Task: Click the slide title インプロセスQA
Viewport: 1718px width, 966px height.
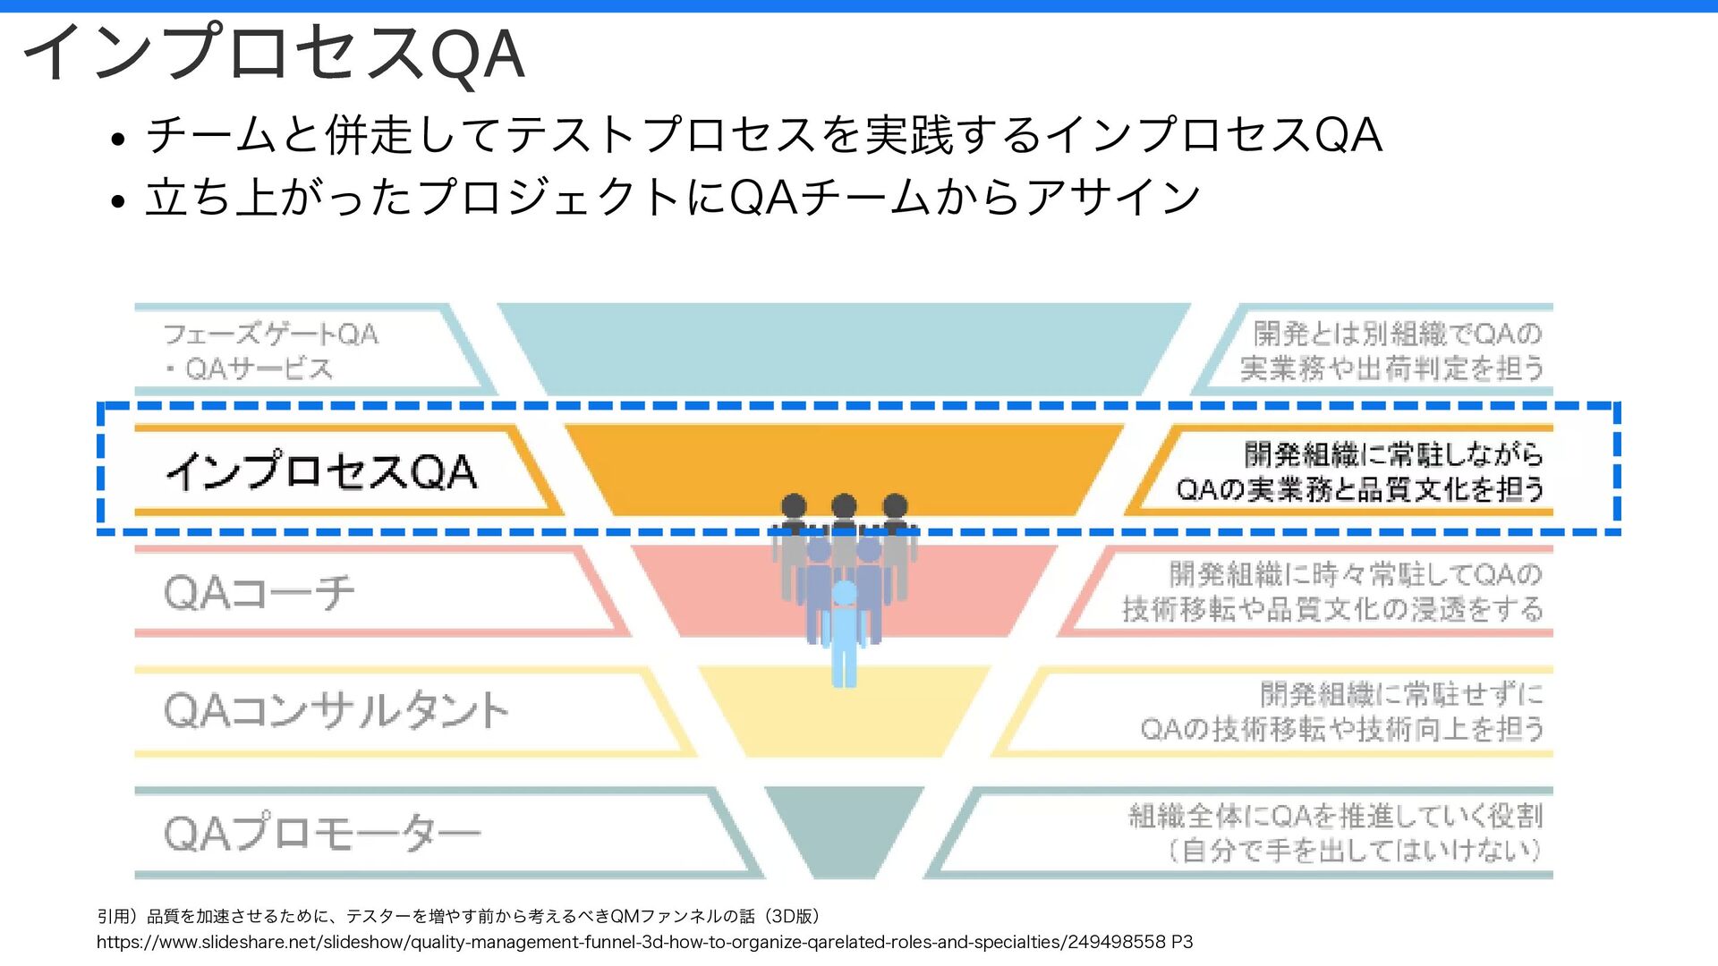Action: [273, 54]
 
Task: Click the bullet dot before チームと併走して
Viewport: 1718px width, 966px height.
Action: [117, 140]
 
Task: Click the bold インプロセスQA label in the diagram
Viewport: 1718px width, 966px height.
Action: [321, 470]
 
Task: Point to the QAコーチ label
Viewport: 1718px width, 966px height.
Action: [259, 592]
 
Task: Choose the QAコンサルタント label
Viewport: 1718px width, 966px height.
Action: [336, 711]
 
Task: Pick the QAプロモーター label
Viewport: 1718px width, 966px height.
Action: [322, 833]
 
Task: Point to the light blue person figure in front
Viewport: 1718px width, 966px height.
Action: [844, 635]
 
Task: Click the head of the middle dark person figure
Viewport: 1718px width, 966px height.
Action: [844, 506]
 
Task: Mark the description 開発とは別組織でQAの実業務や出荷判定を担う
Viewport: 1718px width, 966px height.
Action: [1392, 351]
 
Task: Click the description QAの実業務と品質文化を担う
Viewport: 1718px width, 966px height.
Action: [1360, 489]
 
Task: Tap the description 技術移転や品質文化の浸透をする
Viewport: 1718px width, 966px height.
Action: [1332, 609]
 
